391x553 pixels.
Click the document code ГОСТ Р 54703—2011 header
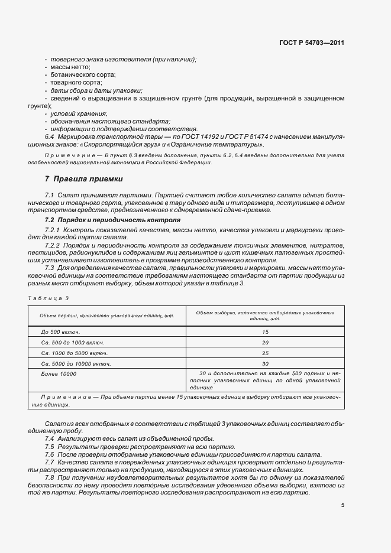tap(311, 43)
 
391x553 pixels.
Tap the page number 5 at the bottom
tap(342, 505)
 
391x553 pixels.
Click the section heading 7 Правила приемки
tap(84, 178)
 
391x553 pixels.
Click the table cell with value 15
tap(264, 332)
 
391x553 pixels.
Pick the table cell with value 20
tap(264, 342)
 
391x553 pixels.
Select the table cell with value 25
tap(264, 353)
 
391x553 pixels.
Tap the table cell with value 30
tap(264, 363)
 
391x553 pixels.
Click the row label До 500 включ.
tap(60, 332)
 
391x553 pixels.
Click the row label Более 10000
tap(59, 373)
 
